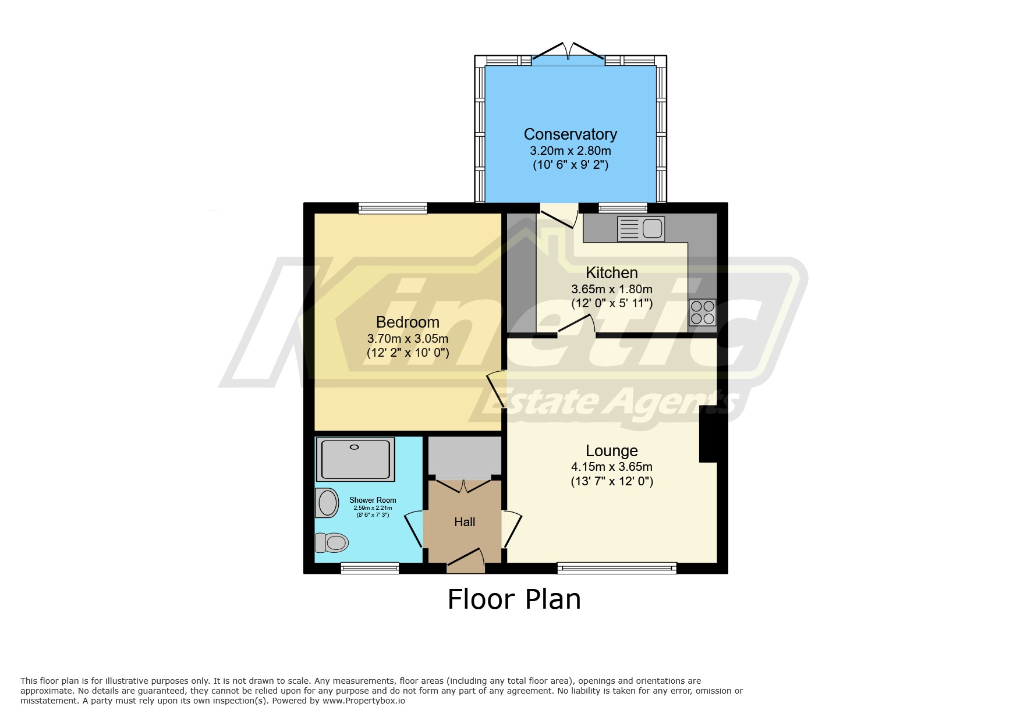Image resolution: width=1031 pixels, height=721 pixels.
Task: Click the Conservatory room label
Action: pos(570,134)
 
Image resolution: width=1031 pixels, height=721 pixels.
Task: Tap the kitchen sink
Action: pos(640,228)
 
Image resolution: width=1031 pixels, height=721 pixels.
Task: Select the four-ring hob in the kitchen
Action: pos(703,312)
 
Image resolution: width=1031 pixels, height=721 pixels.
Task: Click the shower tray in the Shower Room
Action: pos(355,459)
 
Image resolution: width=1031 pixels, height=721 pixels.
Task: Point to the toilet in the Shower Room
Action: pos(332,542)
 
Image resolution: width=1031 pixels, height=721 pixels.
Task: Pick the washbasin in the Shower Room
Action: pos(327,503)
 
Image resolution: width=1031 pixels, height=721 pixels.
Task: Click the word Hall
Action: pos(465,522)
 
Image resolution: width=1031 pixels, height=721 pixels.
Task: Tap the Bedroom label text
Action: pos(408,322)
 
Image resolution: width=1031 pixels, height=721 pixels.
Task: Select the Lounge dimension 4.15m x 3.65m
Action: pos(611,467)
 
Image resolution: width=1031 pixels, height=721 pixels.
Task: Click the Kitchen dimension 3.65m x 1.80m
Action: pos(611,289)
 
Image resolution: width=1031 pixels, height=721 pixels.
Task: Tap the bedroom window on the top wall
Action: pos(392,208)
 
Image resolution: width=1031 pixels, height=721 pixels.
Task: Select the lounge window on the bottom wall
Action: pos(617,568)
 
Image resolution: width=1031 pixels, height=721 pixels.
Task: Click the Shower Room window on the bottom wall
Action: pos(370,568)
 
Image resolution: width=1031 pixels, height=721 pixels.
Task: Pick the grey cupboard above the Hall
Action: pos(465,456)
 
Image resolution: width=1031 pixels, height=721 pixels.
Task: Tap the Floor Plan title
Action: pos(514,599)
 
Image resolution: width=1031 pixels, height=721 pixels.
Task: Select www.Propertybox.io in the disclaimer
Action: pos(363,701)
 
